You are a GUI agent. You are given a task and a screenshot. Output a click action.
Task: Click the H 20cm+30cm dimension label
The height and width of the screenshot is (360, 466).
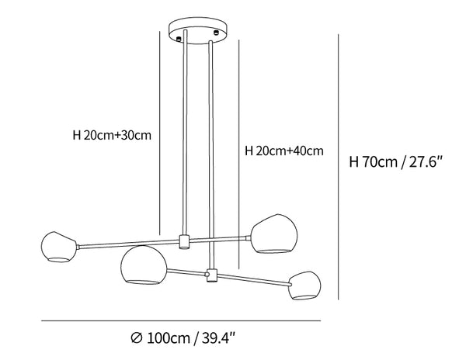(x=112, y=135)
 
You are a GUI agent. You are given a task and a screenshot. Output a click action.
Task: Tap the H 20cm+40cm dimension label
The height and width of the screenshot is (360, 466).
(x=284, y=151)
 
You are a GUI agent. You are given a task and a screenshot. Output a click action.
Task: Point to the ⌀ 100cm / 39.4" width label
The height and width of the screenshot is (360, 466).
(x=183, y=338)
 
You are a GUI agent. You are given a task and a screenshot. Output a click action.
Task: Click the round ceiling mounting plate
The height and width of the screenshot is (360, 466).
(x=198, y=30)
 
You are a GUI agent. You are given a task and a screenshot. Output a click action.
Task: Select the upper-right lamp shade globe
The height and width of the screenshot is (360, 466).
(x=274, y=234)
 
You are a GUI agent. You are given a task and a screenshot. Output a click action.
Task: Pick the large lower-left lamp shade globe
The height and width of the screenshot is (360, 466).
(x=144, y=265)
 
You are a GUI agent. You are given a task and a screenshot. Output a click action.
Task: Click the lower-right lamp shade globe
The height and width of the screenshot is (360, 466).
(x=305, y=286)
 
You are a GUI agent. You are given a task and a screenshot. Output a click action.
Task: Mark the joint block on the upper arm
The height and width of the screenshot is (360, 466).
(x=184, y=241)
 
